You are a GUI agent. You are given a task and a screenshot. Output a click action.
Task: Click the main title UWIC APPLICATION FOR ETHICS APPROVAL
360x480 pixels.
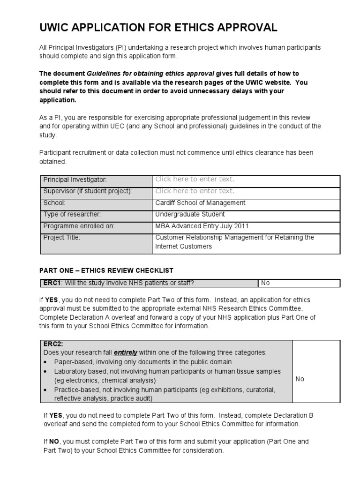pyautogui.click(x=158, y=28)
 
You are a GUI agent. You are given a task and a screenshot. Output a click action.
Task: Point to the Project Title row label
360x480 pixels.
pyautogui.click(x=62, y=238)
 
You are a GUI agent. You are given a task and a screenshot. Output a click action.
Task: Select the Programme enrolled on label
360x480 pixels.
pyautogui.click(x=79, y=226)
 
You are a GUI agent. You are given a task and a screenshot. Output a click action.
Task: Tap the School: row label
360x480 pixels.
pyautogui.click(x=54, y=203)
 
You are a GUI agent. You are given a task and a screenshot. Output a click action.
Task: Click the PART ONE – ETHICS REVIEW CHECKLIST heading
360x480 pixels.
pyautogui.click(x=106, y=270)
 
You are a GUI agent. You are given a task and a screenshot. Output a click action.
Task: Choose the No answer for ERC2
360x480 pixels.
pyautogui.click(x=300, y=379)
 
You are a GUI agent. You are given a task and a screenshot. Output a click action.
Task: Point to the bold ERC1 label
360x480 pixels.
pyautogui.click(x=52, y=283)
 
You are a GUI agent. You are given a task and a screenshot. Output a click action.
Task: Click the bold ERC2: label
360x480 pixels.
pyautogui.click(x=53, y=344)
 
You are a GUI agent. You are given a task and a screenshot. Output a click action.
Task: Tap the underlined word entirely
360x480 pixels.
pyautogui.click(x=125, y=352)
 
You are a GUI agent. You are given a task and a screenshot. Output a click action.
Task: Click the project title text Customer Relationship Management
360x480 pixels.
pyautogui.click(x=234, y=238)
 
